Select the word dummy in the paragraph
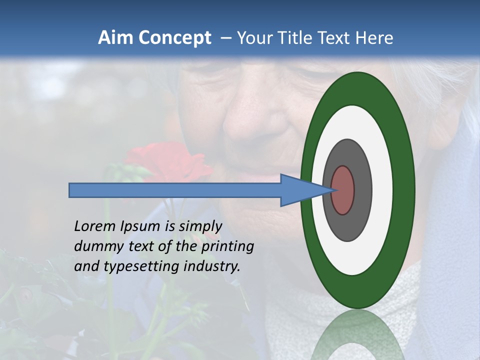click(x=95, y=246)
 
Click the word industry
click(x=212, y=266)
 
